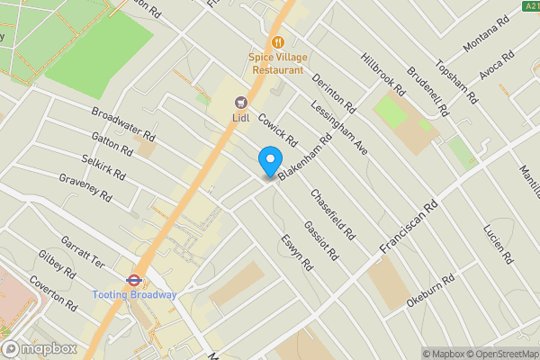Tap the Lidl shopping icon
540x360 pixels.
tap(240, 102)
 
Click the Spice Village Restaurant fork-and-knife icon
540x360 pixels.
tap(278, 41)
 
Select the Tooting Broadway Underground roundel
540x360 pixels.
tap(133, 279)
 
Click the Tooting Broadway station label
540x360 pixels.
tap(134, 294)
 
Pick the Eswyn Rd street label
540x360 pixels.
tap(295, 252)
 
